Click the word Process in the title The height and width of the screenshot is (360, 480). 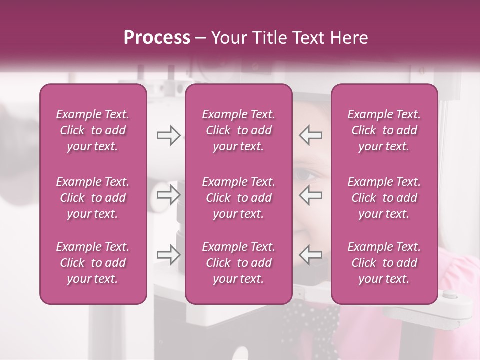click(157, 38)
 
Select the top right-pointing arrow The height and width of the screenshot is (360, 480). click(168, 135)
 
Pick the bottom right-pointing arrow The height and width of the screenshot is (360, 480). click(168, 255)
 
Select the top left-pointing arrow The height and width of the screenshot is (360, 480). click(310, 135)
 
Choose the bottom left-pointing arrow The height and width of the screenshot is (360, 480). click(310, 255)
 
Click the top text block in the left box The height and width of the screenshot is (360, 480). click(93, 130)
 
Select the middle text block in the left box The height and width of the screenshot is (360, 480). click(93, 198)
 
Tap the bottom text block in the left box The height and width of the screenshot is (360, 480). click(93, 263)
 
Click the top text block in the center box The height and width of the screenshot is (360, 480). click(238, 130)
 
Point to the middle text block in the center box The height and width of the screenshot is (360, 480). click(238, 198)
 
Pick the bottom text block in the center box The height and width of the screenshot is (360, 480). click(238, 263)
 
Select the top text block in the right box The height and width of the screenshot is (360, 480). click(384, 130)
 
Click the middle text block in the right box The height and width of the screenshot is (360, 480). click(384, 198)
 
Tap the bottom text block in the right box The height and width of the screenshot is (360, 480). click(384, 263)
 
